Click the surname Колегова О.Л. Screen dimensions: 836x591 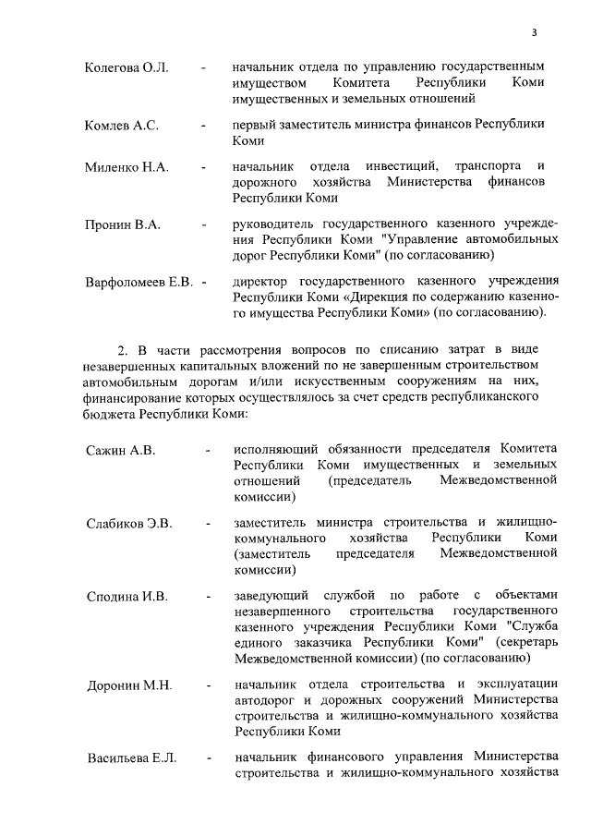(126, 68)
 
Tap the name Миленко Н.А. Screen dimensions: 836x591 (126, 167)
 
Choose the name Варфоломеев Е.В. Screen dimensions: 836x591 (139, 280)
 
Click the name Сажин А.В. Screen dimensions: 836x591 (120, 450)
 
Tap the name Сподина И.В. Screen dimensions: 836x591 (127, 597)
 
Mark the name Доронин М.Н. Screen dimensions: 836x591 (129, 685)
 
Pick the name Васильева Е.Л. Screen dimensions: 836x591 (131, 758)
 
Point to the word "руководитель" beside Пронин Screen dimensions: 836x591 (273, 224)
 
